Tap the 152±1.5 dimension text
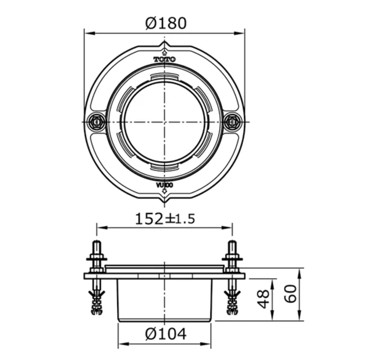click(x=165, y=219)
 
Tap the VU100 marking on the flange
click(x=164, y=185)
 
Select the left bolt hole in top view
click(x=95, y=122)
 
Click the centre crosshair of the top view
click(x=164, y=122)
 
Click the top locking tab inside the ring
click(x=164, y=77)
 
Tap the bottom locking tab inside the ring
click(x=164, y=167)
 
